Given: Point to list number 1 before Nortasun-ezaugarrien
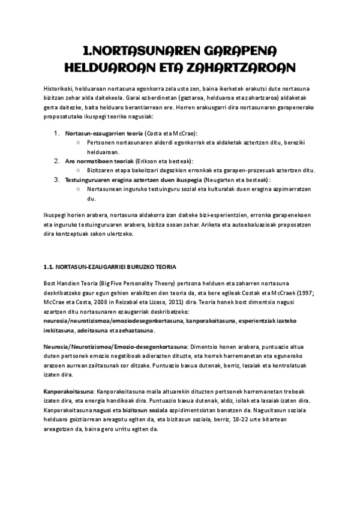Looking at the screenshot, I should click(x=57, y=132).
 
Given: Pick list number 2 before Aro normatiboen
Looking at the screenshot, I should click(x=57, y=161).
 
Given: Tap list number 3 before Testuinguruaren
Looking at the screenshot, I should click(x=57, y=179).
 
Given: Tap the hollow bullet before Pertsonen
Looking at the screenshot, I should click(x=80, y=142).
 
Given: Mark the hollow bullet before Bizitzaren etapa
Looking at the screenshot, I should click(x=80, y=170).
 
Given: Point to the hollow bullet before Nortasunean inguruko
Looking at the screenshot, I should click(x=80, y=188).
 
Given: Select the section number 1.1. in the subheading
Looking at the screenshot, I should click(x=50, y=267).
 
